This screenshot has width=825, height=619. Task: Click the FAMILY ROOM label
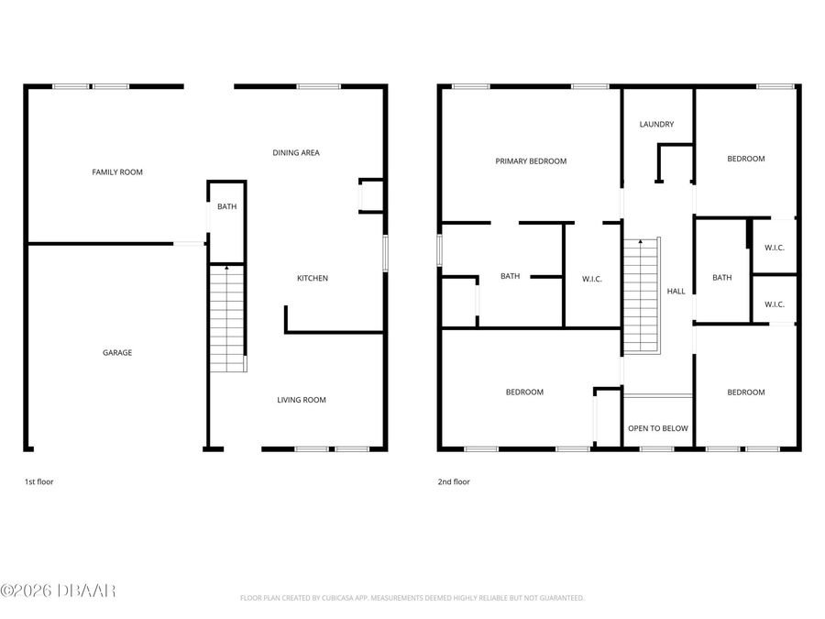coord(117,171)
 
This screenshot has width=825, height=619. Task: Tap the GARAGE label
coord(117,352)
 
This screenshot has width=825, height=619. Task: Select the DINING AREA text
coord(296,152)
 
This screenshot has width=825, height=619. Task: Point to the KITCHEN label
coord(312,278)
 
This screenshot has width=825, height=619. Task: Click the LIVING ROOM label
coord(302,400)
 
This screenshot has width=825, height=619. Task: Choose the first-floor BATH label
coord(226,206)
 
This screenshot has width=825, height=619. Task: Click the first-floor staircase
coord(227,317)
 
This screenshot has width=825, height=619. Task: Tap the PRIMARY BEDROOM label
coord(531,160)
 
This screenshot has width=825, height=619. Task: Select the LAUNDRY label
coord(656,124)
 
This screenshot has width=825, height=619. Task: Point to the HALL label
coord(676,291)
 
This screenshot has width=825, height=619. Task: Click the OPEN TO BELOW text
coord(657,428)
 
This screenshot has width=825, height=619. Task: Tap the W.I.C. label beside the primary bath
coord(591,279)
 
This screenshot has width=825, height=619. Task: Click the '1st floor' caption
coord(38,481)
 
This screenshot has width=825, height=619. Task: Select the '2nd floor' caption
coord(454,481)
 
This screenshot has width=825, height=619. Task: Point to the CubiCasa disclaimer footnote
coord(412,598)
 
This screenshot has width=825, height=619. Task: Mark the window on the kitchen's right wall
coord(385,253)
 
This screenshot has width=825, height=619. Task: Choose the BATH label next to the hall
coord(722,278)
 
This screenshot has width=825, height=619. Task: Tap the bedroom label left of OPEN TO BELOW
coord(524,392)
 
